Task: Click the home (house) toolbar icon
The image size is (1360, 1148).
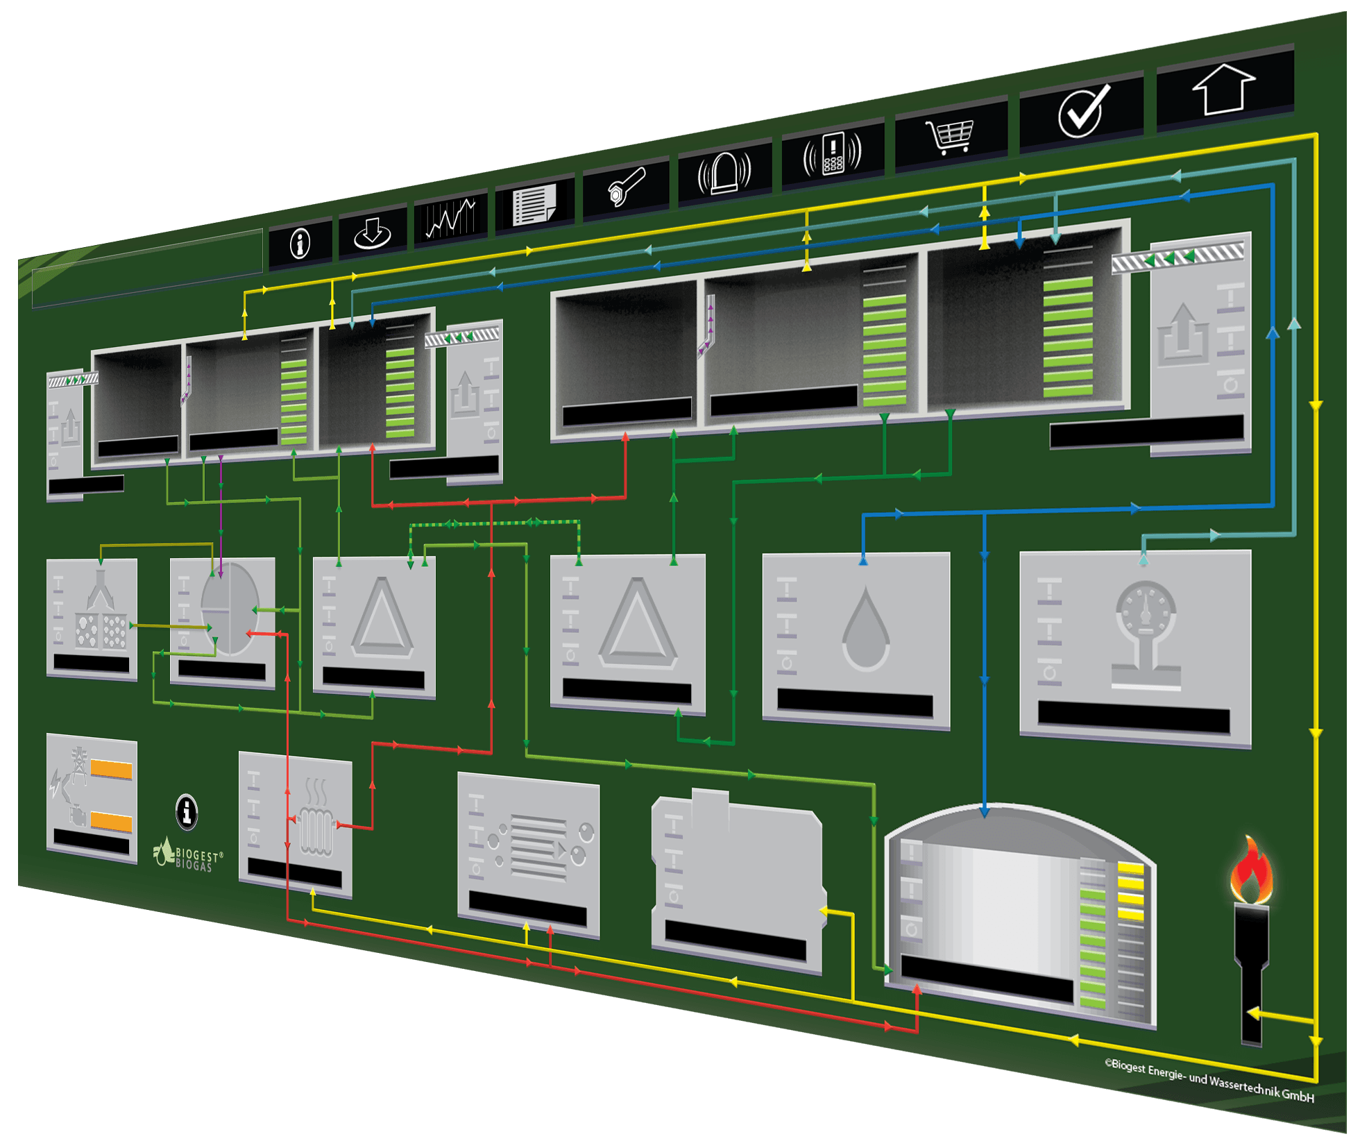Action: coord(1223,89)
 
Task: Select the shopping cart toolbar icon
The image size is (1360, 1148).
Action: coord(951,137)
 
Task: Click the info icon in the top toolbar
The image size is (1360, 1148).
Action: coord(300,244)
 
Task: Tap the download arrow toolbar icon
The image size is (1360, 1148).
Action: coord(372,233)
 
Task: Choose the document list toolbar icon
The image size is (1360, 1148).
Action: coord(534,204)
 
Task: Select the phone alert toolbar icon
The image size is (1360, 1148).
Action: coord(832,153)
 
